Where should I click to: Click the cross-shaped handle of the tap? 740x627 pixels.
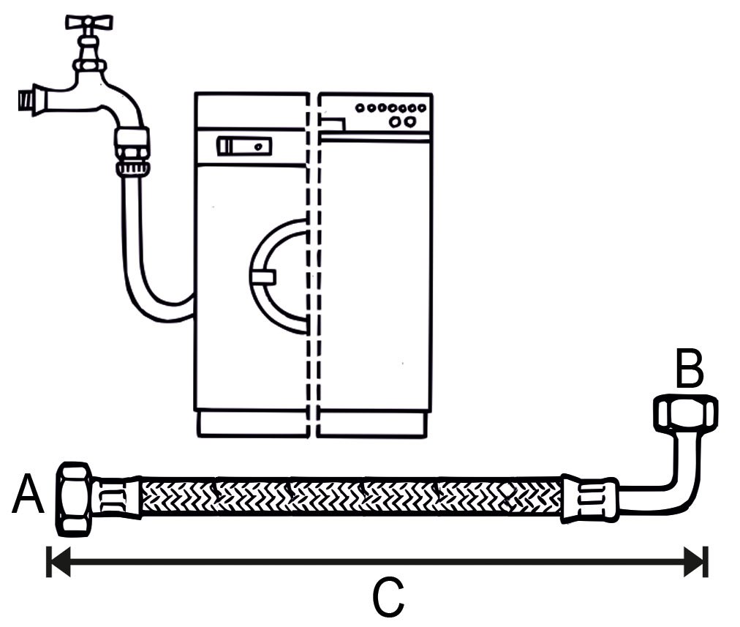(x=89, y=22)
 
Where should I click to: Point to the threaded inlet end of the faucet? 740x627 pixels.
(x=27, y=100)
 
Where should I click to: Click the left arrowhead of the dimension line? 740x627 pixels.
(x=59, y=562)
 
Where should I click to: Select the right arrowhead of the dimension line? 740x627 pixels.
(x=695, y=562)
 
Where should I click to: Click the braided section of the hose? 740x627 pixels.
(x=352, y=498)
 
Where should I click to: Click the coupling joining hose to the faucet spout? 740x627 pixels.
(x=132, y=150)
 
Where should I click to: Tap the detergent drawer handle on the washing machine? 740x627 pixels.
(x=243, y=146)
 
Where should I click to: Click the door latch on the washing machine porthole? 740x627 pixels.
(x=263, y=277)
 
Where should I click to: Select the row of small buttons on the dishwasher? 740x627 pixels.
(x=391, y=108)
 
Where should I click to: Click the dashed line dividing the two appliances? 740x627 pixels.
(x=312, y=264)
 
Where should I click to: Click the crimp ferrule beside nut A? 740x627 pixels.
(x=117, y=498)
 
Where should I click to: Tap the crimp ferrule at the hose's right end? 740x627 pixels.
(x=589, y=498)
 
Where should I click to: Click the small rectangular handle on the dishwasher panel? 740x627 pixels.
(x=333, y=124)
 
